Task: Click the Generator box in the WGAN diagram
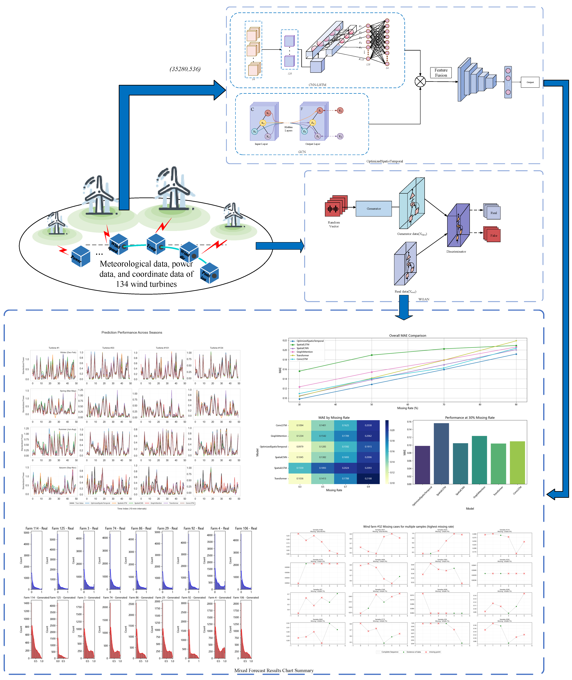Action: pyautogui.click(x=374, y=208)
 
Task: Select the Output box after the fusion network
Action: pyautogui.click(x=530, y=82)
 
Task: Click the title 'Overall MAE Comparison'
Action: pyautogui.click(x=408, y=336)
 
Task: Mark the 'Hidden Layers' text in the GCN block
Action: pyautogui.click(x=288, y=129)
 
